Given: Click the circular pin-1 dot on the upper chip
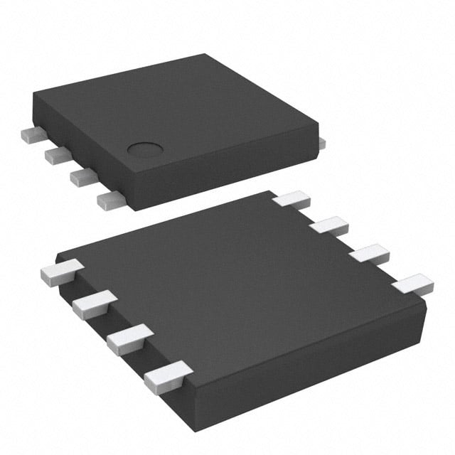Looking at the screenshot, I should [145, 149].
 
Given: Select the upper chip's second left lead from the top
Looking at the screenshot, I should [56, 154].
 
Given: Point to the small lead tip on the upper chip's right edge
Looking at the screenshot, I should [321, 144].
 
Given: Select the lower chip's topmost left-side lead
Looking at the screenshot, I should [60, 272].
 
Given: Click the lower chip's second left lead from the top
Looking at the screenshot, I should [93, 304].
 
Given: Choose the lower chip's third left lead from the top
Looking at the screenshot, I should [129, 337].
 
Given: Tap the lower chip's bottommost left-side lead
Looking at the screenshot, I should [166, 375].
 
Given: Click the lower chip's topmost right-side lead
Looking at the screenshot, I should [292, 199].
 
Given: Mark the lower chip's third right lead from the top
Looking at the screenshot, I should [369, 255].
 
